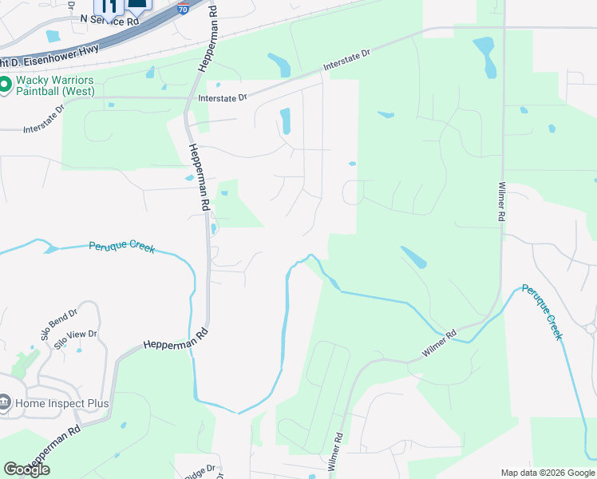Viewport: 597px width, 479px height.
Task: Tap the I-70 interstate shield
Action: coord(184,9)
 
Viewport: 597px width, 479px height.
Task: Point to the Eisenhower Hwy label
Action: coord(32,61)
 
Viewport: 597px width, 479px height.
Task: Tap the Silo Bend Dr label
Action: coord(60,323)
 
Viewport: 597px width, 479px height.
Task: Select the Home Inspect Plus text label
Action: coord(61,403)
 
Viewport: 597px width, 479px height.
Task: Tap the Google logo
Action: coord(26,469)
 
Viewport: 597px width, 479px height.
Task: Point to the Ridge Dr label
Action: coord(200,470)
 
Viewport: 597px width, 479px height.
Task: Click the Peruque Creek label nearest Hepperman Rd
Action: coord(121,248)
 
